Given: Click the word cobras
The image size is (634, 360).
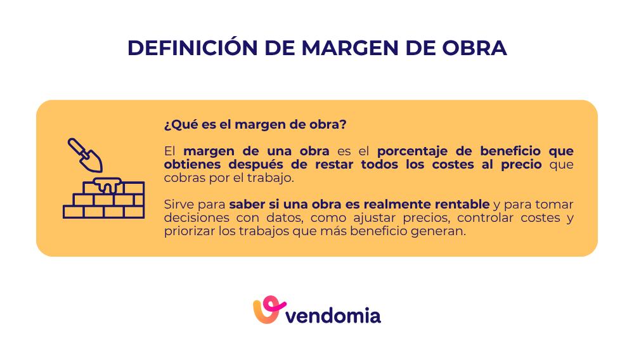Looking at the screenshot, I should click(183, 178).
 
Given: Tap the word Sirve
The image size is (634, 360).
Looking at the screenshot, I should click(177, 205).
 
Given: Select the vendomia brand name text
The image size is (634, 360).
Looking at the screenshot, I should click(333, 315).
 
